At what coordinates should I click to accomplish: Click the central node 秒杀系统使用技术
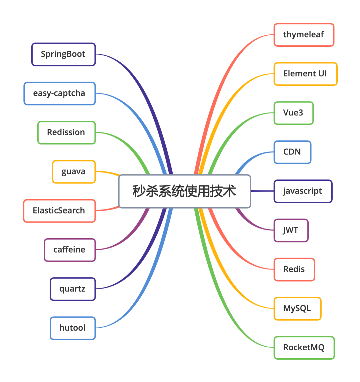pos(184,191)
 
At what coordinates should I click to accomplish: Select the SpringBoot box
pos(63,54)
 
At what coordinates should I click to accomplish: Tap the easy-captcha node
pos(59,93)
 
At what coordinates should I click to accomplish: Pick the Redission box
pos(66,132)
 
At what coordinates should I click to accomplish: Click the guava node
pos(74,171)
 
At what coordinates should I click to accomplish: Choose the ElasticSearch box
pos(59,211)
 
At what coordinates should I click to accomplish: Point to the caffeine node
pos(69,250)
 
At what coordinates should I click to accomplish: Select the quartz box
pos(73,289)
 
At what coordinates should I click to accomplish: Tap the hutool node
pos(73,328)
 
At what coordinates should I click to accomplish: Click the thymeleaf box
pos(304,35)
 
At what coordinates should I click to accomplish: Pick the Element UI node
pos(305,74)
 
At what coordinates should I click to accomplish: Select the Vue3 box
pos(293,113)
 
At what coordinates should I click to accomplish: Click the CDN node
pos(292,152)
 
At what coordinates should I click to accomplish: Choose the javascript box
pos(303,191)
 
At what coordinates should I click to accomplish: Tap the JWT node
pos(291,230)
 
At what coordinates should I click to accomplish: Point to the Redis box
pos(294,269)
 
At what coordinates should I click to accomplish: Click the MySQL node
pos(297,309)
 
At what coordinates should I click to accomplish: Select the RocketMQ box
pos(304,348)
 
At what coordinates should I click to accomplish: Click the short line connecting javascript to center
pos(262,191)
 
